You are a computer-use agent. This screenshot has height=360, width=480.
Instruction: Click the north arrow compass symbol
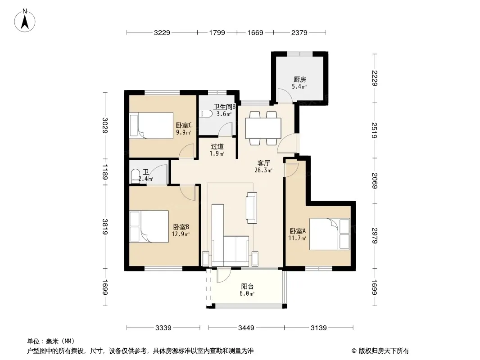(25, 20)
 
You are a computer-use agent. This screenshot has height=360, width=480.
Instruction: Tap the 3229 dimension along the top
(162, 33)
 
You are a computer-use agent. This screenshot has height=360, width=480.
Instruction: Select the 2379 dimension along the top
(299, 33)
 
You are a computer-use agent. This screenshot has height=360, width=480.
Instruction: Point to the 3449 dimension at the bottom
(246, 328)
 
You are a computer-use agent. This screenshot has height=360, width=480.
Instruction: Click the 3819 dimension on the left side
(105, 227)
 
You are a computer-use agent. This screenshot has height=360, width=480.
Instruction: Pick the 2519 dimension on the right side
(374, 130)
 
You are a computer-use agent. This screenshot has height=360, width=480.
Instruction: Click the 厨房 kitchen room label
(300, 80)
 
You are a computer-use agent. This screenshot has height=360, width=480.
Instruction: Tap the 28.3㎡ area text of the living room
(263, 171)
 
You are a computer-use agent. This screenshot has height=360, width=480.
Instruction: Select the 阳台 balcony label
(247, 287)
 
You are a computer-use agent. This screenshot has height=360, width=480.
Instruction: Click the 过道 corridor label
(217, 147)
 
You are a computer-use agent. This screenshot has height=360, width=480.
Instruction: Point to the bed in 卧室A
(330, 234)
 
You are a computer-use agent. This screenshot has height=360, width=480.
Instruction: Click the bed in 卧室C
(151, 126)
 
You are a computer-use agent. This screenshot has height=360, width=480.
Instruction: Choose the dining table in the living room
(263, 128)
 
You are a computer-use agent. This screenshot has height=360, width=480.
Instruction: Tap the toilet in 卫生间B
(205, 114)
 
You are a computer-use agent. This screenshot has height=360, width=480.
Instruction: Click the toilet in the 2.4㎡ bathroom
(135, 176)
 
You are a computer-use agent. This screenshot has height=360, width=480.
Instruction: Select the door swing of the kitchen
(284, 95)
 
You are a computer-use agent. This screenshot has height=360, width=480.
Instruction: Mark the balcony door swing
(223, 275)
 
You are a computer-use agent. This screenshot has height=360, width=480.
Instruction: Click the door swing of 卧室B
(187, 193)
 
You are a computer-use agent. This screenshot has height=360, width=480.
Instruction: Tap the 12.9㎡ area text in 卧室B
(181, 234)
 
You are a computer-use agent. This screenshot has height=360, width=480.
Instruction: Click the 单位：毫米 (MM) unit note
(51, 342)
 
